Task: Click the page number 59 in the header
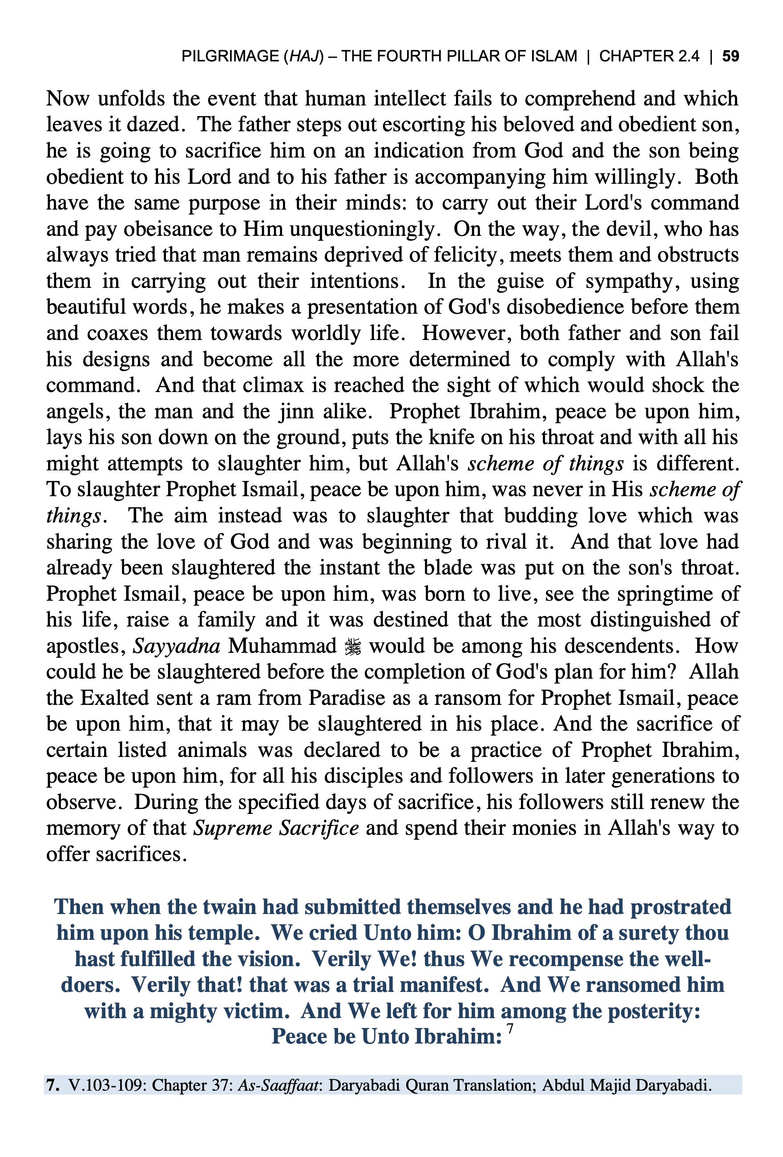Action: (x=730, y=56)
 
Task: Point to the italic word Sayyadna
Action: (x=177, y=646)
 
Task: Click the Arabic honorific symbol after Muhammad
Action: (x=353, y=647)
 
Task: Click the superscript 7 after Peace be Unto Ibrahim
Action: (x=509, y=1028)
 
